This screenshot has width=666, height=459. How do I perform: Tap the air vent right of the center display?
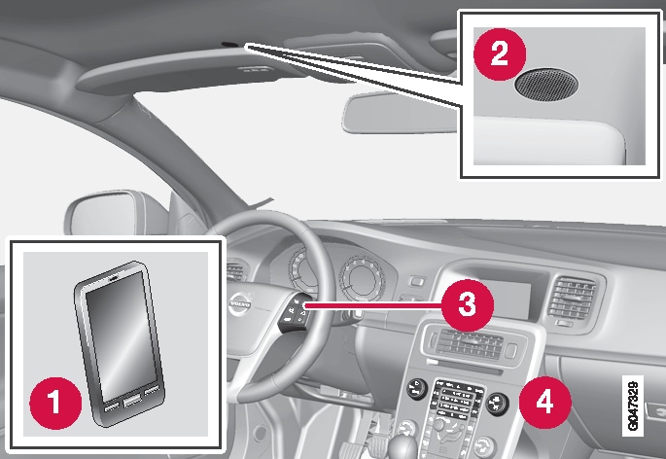pos(570,298)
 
